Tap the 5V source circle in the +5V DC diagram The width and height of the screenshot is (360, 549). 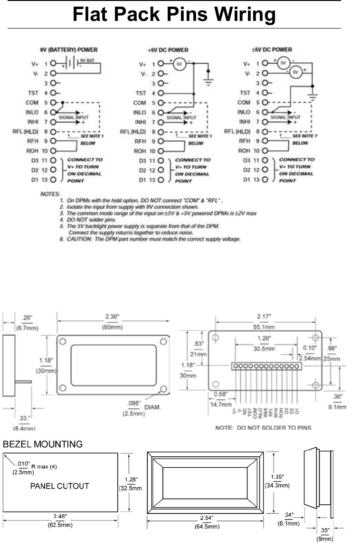[x=180, y=64]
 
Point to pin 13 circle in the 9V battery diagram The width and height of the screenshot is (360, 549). [x=53, y=180]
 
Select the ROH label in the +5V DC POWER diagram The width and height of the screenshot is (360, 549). [x=140, y=151]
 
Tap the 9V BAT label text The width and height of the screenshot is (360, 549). [x=87, y=60]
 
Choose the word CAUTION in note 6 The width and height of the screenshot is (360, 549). [x=78, y=239]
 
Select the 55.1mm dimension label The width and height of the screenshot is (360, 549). [x=263, y=327]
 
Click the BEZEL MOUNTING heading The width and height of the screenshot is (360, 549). [x=43, y=444]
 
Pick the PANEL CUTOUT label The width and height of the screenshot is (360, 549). [x=59, y=486]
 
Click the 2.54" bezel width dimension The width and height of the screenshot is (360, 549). [x=205, y=517]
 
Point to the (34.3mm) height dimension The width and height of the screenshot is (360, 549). [x=277, y=485]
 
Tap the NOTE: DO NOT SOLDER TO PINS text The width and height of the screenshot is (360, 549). [x=263, y=427]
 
